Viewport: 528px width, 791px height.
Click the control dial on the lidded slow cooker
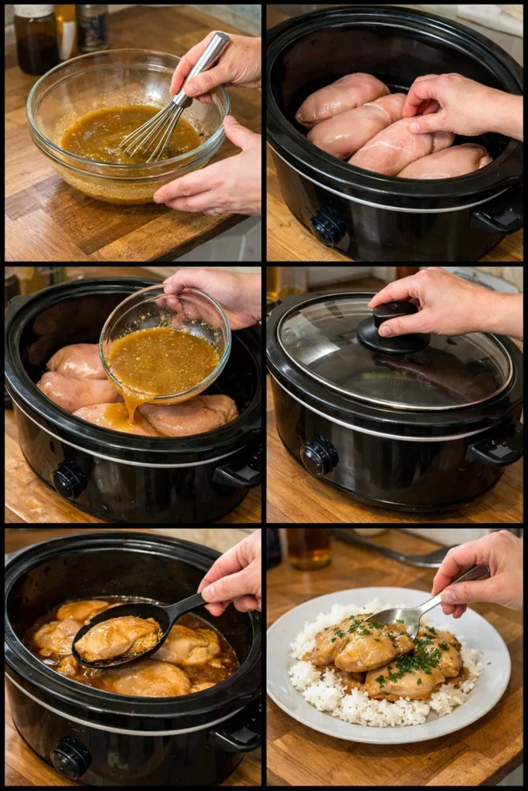coord(319,456)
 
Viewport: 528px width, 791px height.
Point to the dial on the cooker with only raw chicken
coord(329,226)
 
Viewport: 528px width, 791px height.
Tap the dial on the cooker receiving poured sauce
coord(69,480)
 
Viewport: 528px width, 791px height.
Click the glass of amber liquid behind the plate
coord(309,548)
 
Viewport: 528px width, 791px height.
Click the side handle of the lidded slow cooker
coord(496,449)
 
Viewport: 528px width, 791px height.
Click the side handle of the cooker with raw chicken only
coord(499,217)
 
